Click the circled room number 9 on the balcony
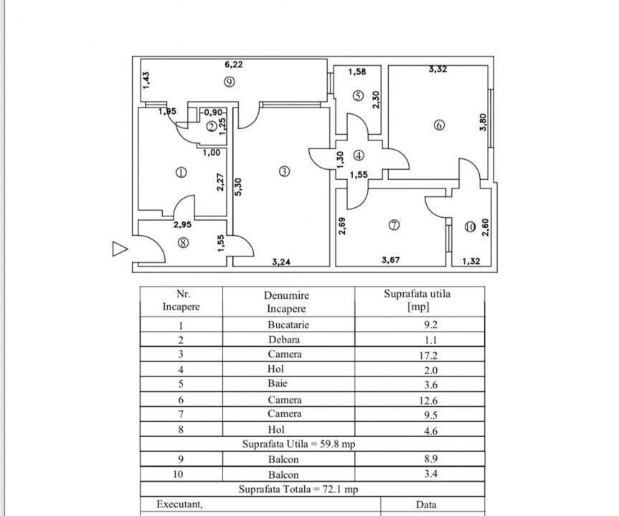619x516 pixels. tap(229, 81)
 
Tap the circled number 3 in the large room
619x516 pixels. tap(284, 171)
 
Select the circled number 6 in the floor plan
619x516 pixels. tap(439, 125)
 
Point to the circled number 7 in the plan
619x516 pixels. tap(393, 225)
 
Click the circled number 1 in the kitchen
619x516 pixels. tap(181, 172)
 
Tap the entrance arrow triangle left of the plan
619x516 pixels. tap(120, 249)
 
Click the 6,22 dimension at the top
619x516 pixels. tap(233, 64)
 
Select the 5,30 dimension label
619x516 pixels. tap(239, 187)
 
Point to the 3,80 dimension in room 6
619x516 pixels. tap(483, 123)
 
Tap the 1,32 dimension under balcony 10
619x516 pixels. tap(471, 262)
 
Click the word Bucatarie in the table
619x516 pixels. tap(288, 325)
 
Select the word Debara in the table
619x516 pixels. tap(284, 340)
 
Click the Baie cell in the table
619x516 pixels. tap(285, 385)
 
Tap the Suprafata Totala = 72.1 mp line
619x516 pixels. tap(299, 489)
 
